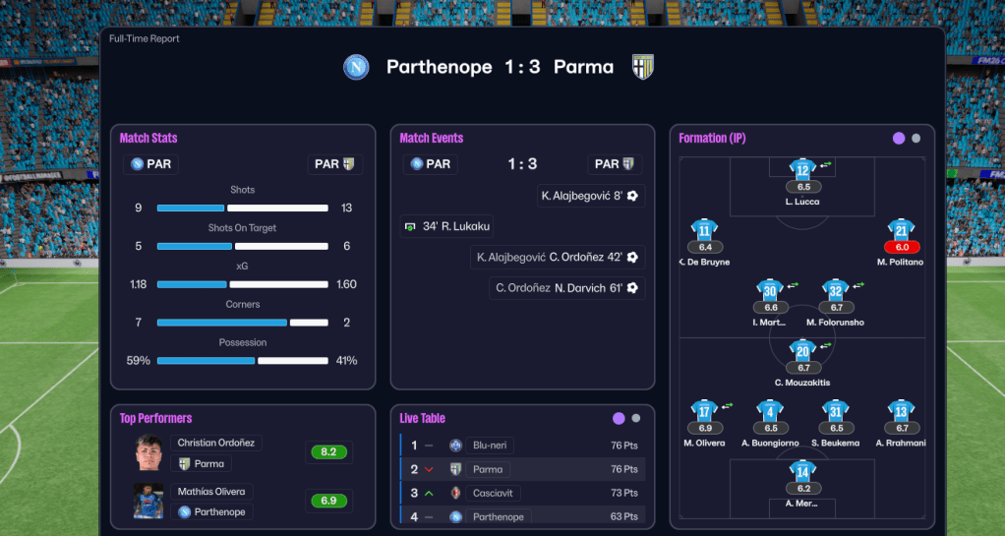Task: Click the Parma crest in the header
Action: coord(643,67)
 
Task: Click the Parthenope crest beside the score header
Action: coord(356,67)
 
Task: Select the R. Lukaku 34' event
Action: coord(447,226)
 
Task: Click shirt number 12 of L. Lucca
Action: coord(802,169)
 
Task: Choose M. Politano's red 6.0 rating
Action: coord(902,247)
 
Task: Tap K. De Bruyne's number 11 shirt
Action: coord(704,231)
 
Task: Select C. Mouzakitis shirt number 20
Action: coord(802,351)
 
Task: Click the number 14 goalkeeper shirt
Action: coord(802,472)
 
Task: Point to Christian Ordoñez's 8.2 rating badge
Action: coord(328,452)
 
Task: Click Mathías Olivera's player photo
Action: coord(148,501)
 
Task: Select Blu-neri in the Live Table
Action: coord(490,446)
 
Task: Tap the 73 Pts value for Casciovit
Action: coord(624,493)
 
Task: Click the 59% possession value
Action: coord(139,361)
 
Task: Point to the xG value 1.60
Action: coord(346,284)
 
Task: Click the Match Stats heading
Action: coord(148,139)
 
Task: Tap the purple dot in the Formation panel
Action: coord(898,139)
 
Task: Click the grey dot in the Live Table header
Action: coord(636,418)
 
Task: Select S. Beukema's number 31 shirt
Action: coord(836,411)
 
